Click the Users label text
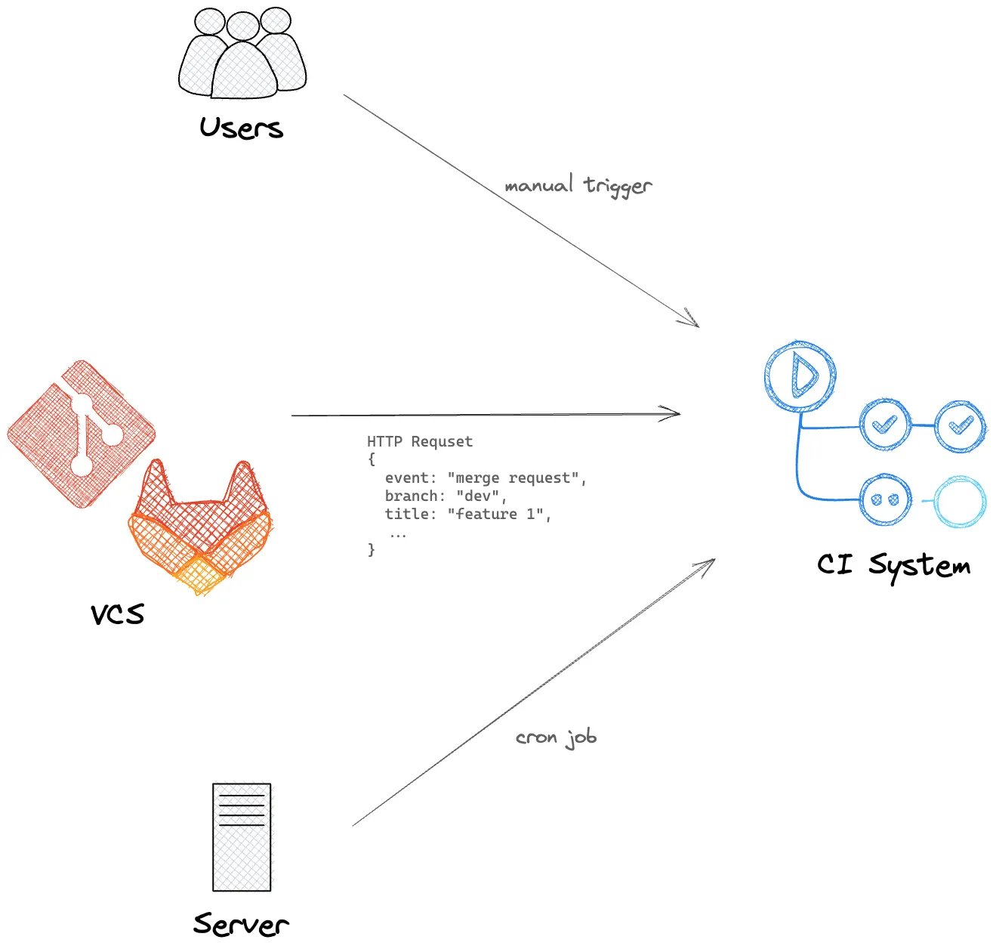point(242,128)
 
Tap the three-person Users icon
point(242,54)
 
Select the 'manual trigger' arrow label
point(578,185)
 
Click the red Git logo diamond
point(82,434)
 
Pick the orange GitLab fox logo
point(201,529)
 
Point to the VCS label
point(117,614)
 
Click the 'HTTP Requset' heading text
point(420,441)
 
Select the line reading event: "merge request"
point(486,478)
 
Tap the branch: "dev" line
point(446,496)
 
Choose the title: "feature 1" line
point(468,514)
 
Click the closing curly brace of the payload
point(372,550)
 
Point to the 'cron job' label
point(556,737)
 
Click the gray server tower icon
point(242,836)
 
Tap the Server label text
point(241,923)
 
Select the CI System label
point(893,564)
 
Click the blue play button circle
point(800,376)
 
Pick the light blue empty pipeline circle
point(960,501)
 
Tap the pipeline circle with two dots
point(885,499)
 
